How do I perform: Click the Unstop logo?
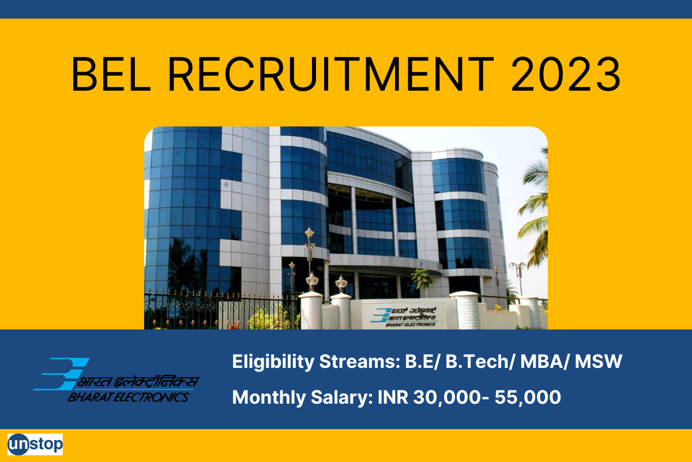coord(35,444)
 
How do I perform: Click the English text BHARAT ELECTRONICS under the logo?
coord(127,397)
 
